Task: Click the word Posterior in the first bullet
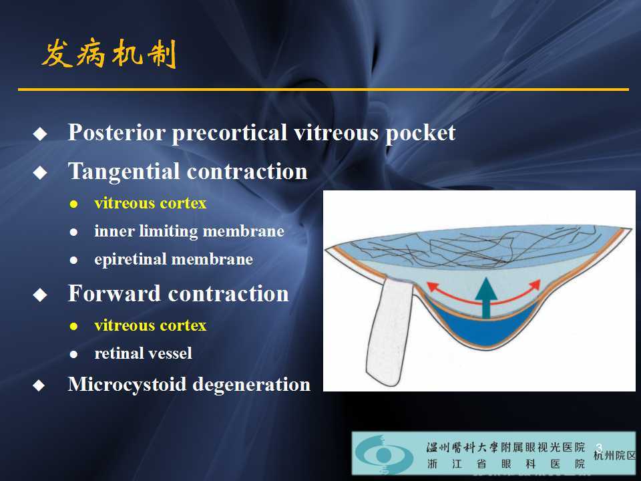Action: [x=116, y=132]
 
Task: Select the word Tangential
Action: [x=124, y=171]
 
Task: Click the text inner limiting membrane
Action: [x=189, y=231]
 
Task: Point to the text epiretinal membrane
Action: [x=174, y=259]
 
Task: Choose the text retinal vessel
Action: [x=143, y=353]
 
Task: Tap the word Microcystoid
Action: [x=127, y=384]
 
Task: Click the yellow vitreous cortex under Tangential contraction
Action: [x=150, y=203]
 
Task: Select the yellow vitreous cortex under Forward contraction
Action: [x=150, y=325]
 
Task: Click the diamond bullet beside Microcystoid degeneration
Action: [x=41, y=385]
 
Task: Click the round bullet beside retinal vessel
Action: [x=74, y=354]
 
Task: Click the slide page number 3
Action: [x=599, y=447]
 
